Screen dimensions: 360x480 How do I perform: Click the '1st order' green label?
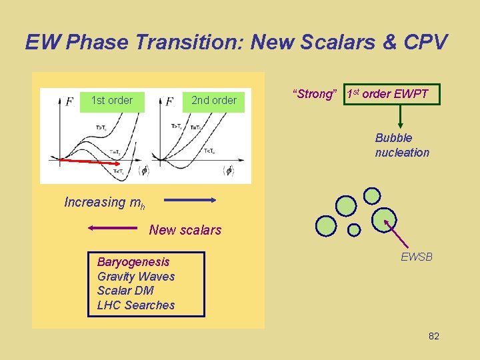(x=111, y=101)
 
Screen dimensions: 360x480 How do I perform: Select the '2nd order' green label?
(x=213, y=101)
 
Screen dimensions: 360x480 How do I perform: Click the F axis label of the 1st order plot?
(x=69, y=101)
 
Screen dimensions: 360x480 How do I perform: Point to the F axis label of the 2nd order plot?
(x=169, y=101)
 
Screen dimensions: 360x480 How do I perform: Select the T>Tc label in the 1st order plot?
(x=101, y=127)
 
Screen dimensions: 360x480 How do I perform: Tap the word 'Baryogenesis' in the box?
(x=133, y=262)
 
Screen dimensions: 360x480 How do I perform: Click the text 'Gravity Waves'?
(x=136, y=277)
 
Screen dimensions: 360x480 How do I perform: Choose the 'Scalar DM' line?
(x=125, y=291)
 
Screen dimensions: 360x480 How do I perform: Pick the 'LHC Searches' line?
(x=136, y=305)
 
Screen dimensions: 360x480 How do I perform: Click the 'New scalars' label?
(x=185, y=230)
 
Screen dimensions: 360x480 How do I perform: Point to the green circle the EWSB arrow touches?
(x=384, y=219)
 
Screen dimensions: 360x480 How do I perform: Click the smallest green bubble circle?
(x=354, y=229)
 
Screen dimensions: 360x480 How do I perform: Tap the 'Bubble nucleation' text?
(x=402, y=145)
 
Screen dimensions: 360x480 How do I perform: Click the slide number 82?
(x=433, y=336)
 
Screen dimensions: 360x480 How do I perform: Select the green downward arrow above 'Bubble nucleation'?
(x=401, y=117)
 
